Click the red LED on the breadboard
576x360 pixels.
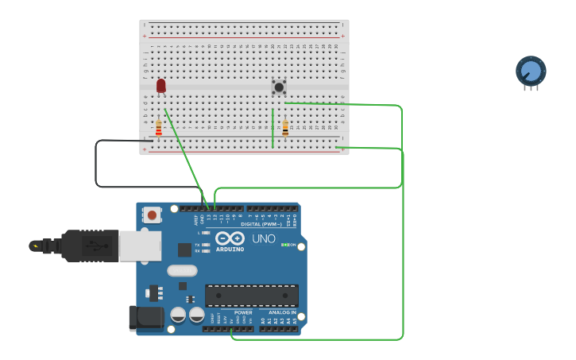coord(161,85)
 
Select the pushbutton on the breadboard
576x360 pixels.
coord(279,87)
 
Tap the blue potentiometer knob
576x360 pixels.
coord(531,72)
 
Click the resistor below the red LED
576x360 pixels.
coord(158,127)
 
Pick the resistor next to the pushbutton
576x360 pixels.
coord(285,127)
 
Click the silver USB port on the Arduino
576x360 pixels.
coord(140,246)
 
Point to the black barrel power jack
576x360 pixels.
coord(146,319)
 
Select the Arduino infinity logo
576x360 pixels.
coord(229,238)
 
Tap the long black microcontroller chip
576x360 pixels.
coord(252,296)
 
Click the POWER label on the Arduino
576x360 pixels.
coord(243,312)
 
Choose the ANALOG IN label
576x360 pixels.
coord(282,312)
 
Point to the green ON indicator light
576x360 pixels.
coord(284,245)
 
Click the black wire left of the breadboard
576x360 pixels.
coord(96,165)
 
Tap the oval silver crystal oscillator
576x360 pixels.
coord(182,270)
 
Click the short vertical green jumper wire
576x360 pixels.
coord(273,128)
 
